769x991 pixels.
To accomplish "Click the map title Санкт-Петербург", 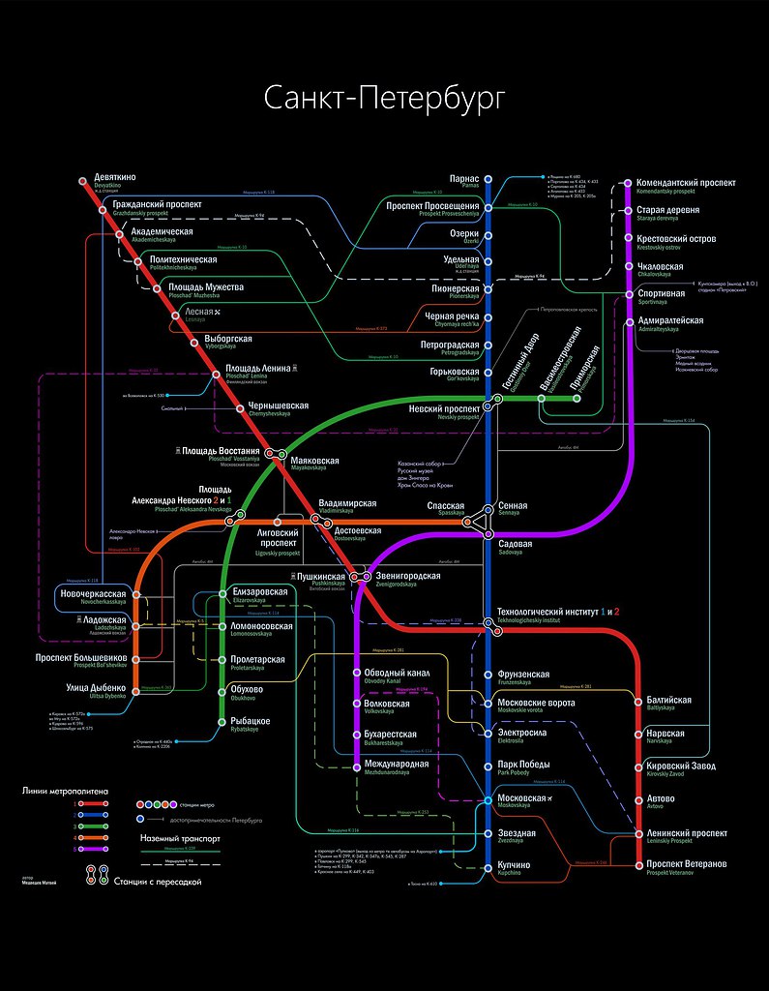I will (385, 100).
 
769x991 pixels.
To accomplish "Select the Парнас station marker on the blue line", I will (488, 179).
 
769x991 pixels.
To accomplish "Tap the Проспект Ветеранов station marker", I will (639, 863).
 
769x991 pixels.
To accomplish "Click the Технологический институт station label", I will (557, 612).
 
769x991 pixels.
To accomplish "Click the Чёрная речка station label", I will (452, 316).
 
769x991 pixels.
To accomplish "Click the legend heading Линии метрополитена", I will (67, 791).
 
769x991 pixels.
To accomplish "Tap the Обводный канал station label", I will (397, 672).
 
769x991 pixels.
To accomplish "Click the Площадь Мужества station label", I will (206, 287).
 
